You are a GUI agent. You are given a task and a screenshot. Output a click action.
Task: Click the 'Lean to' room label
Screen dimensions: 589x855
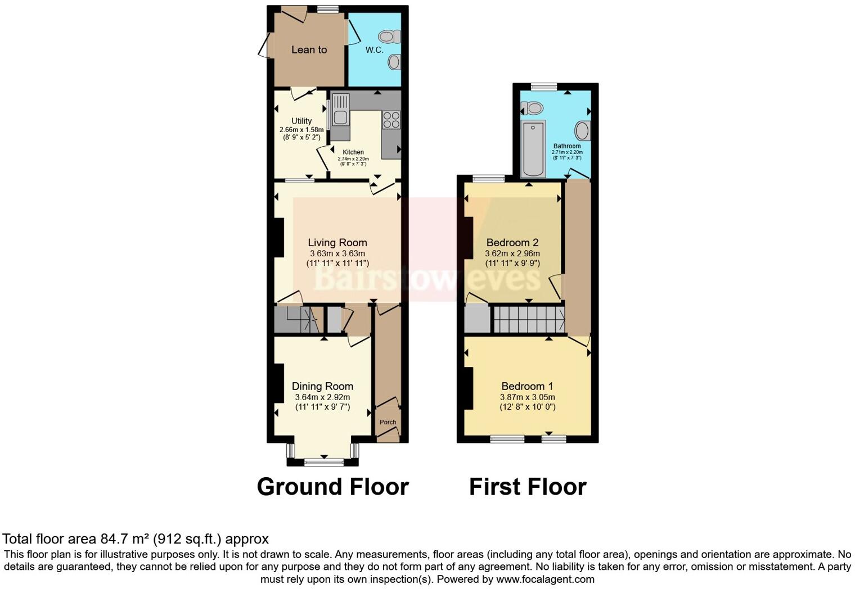pos(309,50)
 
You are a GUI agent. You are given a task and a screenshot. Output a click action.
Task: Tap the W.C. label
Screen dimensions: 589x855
pos(374,50)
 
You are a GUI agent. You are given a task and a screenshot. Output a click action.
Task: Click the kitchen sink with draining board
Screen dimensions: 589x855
pos(340,109)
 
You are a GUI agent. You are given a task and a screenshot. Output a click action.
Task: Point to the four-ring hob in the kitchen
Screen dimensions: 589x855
pos(391,120)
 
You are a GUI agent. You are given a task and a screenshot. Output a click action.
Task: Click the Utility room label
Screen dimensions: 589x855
pos(301,121)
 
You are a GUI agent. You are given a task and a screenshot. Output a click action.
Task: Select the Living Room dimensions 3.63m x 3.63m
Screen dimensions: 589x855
pos(337,253)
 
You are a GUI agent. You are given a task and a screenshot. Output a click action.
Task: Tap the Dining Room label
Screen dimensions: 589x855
pos(322,386)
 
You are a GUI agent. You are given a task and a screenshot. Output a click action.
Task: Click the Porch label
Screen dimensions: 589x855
pos(388,422)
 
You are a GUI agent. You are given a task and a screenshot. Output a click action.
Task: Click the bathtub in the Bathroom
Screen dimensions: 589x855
pos(533,148)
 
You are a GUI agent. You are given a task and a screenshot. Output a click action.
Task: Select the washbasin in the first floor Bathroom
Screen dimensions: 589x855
pos(583,131)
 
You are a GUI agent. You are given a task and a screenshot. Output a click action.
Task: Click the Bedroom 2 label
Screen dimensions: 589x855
pos(512,243)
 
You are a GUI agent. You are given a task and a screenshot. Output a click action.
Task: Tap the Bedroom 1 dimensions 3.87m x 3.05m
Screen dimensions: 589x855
pos(527,397)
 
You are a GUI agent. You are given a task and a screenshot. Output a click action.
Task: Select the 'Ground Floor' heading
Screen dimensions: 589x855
pos(332,487)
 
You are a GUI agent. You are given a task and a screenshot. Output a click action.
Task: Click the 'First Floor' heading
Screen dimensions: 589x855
pos(528,487)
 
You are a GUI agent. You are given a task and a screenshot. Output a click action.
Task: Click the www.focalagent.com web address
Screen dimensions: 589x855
pos(545,579)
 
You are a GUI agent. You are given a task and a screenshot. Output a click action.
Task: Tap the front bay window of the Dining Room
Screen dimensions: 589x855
pos(323,462)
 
